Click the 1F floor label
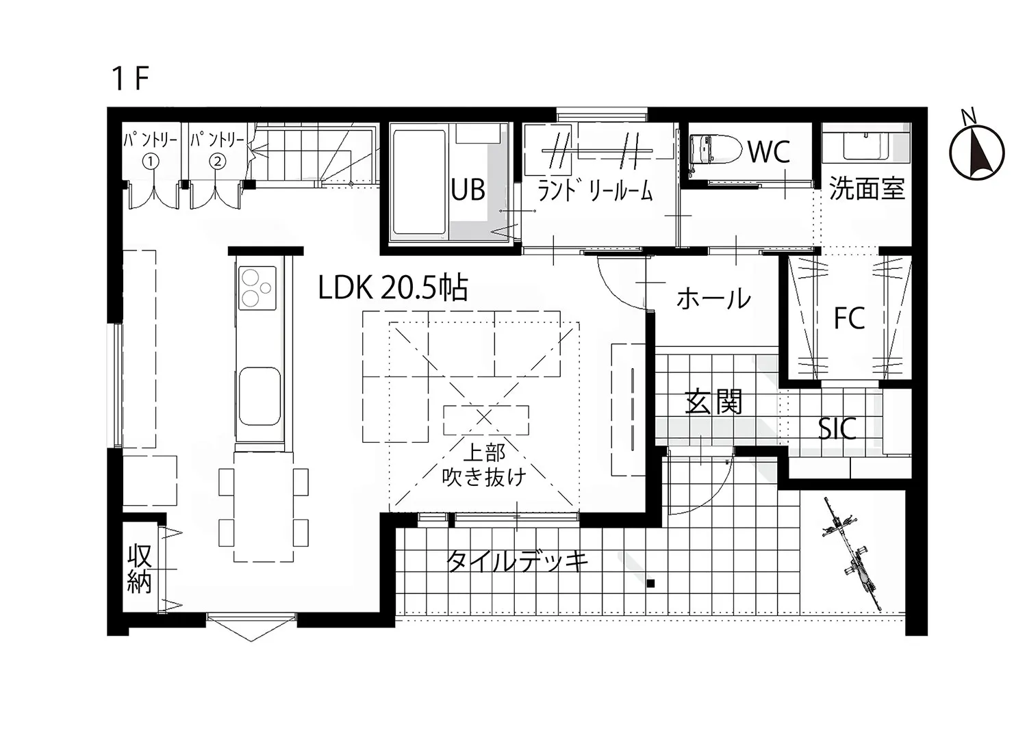[x=130, y=79]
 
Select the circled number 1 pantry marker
[x=151, y=162]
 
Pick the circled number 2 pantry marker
[x=218, y=162]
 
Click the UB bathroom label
[x=468, y=190]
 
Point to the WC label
[x=769, y=152]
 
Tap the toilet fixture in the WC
[x=715, y=149]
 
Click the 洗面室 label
[x=867, y=188]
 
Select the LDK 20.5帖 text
[x=393, y=288]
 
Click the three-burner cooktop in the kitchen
[x=257, y=287]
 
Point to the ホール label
[x=713, y=299]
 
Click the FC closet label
[x=849, y=318]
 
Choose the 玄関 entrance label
[x=713, y=402]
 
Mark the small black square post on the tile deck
[x=650, y=584]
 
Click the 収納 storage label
[x=140, y=568]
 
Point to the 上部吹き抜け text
[x=484, y=465]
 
